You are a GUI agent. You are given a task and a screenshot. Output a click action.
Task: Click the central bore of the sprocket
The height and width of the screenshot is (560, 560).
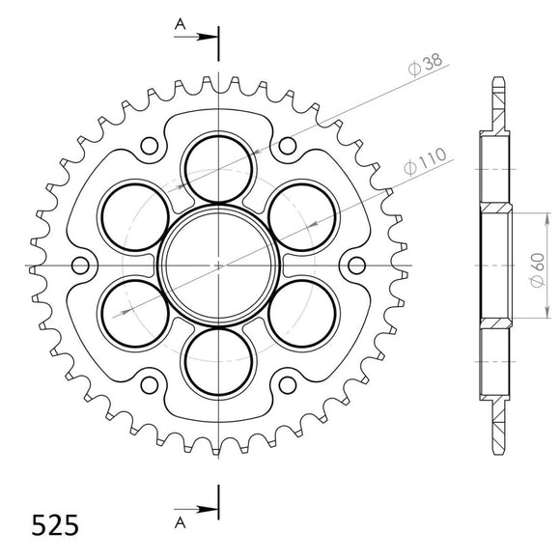[x=219, y=263]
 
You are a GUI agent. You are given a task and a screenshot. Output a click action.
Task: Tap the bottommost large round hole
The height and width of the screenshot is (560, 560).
[x=219, y=363]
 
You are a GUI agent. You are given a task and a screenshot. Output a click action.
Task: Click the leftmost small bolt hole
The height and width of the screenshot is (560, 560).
[x=81, y=265]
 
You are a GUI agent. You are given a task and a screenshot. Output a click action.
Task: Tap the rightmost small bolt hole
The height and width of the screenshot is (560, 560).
[x=356, y=265]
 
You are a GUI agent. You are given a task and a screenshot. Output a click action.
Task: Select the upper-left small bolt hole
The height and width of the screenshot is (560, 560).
[x=150, y=146]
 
